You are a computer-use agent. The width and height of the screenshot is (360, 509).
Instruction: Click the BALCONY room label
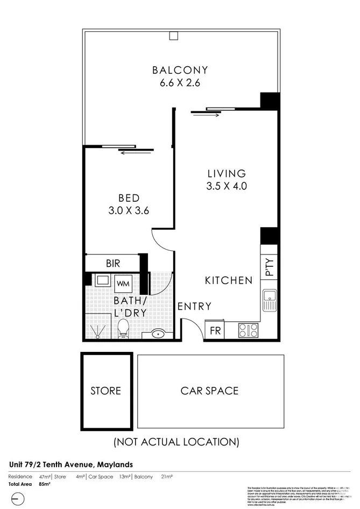click(x=180, y=70)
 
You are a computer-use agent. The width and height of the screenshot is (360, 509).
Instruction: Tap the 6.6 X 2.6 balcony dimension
click(x=180, y=83)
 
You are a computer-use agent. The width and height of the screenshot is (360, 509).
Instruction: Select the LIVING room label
click(x=227, y=174)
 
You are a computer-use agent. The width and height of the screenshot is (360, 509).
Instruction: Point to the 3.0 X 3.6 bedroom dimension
click(x=129, y=211)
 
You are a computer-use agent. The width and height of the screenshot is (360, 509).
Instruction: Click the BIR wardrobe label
click(x=113, y=264)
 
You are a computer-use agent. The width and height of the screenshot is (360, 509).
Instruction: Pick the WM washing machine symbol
click(x=123, y=282)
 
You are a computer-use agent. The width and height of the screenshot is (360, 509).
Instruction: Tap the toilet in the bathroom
click(x=123, y=328)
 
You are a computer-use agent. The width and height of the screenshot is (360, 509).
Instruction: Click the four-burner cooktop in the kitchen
click(x=248, y=329)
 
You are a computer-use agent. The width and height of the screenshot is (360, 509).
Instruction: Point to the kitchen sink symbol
click(x=269, y=300)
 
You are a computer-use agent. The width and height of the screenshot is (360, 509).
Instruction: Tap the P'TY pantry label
click(x=270, y=267)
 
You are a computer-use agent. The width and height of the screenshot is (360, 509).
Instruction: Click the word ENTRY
click(x=194, y=307)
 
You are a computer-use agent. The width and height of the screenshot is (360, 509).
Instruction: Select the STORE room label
click(x=106, y=391)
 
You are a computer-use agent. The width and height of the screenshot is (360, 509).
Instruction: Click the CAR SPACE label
click(x=210, y=391)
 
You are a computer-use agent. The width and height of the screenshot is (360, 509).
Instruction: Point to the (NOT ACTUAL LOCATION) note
click(x=176, y=442)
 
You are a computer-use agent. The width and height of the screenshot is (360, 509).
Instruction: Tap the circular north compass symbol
click(x=18, y=499)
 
